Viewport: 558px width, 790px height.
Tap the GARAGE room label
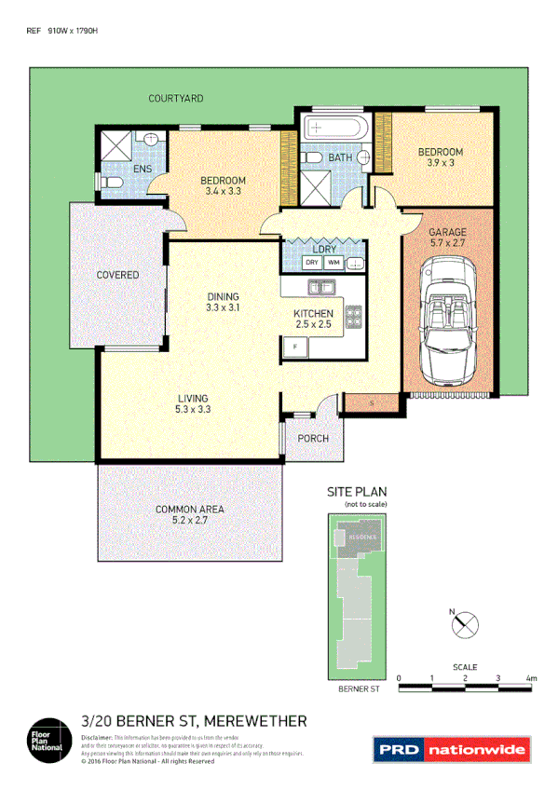(x=447, y=232)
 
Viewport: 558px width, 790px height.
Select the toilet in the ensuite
(x=109, y=182)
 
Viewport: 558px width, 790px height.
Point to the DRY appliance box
(x=312, y=264)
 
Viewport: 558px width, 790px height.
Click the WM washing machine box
(x=333, y=264)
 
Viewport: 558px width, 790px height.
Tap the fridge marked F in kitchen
(x=295, y=347)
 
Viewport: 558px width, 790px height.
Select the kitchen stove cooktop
(x=353, y=318)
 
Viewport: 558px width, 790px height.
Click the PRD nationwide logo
(x=451, y=748)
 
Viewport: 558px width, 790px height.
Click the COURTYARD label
(x=175, y=98)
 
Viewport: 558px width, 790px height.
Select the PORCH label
(x=312, y=439)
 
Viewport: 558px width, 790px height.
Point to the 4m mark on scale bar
(x=531, y=678)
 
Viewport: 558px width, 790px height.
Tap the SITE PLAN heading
(x=355, y=491)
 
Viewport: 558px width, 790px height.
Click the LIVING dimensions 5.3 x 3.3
(x=193, y=409)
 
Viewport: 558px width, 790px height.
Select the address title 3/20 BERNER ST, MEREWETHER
(x=194, y=720)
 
